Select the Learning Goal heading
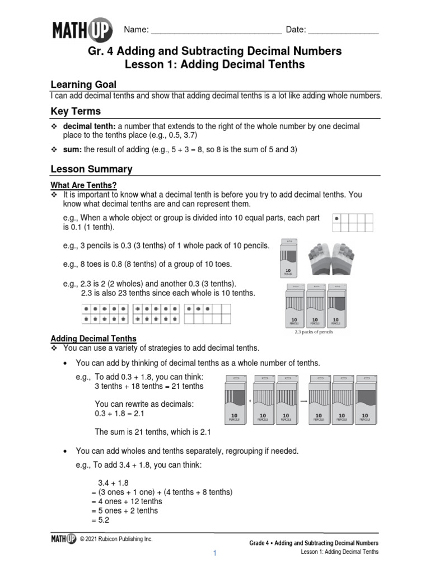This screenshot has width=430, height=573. (x=83, y=84)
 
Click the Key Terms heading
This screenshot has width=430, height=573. (x=76, y=111)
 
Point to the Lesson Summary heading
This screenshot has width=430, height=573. (x=91, y=169)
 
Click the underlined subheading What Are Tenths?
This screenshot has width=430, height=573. (x=83, y=185)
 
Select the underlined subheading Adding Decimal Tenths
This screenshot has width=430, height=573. (x=94, y=339)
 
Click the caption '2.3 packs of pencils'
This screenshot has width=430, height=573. (x=314, y=332)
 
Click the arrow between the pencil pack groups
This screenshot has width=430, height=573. (x=303, y=401)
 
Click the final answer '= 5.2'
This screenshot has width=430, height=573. (x=101, y=520)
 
